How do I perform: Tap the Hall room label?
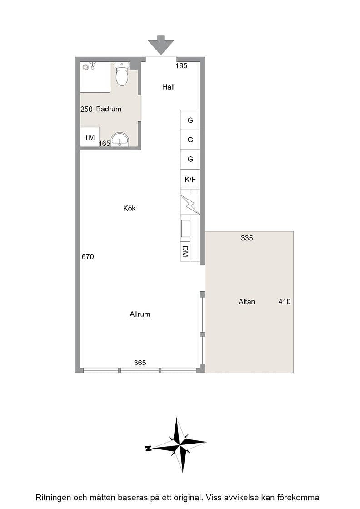(x=168, y=87)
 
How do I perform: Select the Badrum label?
(x=109, y=109)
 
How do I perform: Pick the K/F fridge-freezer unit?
(x=190, y=179)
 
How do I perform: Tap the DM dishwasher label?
(x=185, y=251)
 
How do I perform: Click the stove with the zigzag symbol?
(x=190, y=205)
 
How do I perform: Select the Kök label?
(x=129, y=208)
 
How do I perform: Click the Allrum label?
(x=140, y=314)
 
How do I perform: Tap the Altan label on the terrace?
(x=247, y=302)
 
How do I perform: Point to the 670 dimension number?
(x=88, y=257)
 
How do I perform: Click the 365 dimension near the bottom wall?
(x=140, y=363)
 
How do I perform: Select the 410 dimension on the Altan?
(x=285, y=302)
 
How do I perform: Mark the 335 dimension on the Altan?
(x=247, y=238)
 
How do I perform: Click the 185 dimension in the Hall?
(x=181, y=66)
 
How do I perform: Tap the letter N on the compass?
(x=149, y=449)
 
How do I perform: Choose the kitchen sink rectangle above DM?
(x=185, y=229)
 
